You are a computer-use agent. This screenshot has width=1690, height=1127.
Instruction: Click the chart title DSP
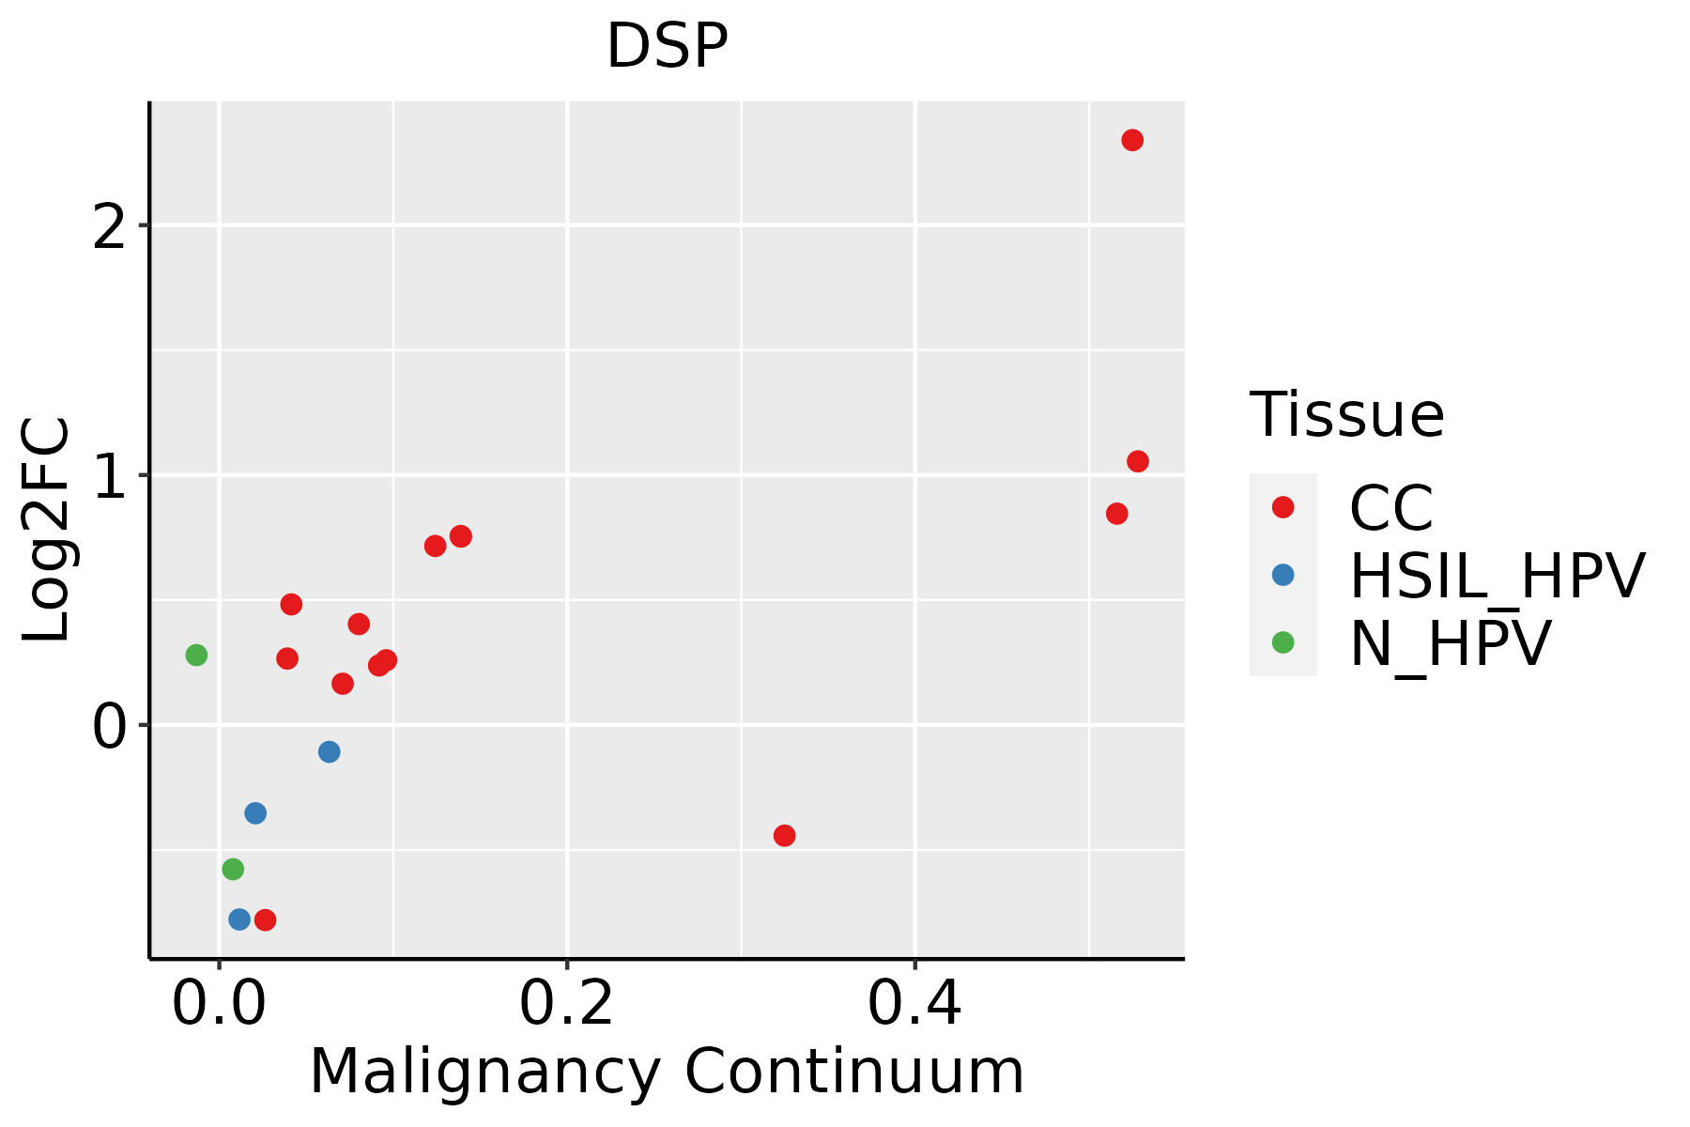pos(667,47)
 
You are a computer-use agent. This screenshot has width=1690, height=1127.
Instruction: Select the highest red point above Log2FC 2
pos(1132,140)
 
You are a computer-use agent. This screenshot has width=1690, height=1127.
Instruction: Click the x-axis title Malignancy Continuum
pos(667,1073)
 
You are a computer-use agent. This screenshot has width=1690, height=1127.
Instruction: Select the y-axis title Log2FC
pos(47,530)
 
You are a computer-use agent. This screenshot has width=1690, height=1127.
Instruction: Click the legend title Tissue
pos(1346,414)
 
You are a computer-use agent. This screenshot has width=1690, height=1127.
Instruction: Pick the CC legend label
pos(1390,508)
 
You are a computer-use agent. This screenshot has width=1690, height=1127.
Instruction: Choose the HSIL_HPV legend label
pos(1497,576)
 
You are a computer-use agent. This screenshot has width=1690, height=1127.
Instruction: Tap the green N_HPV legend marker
pos(1283,642)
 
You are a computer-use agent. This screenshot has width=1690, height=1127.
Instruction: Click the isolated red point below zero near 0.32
pos(784,835)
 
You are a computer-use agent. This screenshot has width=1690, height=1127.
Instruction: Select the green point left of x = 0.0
pos(196,655)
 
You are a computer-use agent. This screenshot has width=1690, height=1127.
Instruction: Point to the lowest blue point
pos(239,919)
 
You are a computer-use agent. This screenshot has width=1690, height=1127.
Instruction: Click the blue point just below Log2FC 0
pos(329,751)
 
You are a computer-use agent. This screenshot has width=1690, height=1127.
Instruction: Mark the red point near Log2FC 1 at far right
pos(1138,461)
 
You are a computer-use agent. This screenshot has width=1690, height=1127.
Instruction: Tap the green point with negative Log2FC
pos(233,869)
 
